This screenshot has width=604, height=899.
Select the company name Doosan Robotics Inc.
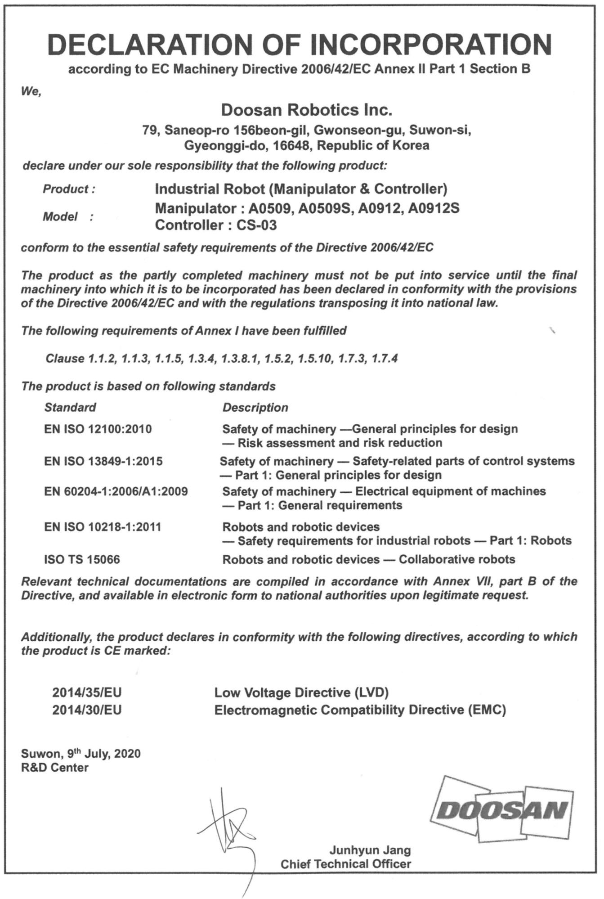pyautogui.click(x=306, y=109)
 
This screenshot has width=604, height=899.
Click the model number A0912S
pyautogui.click(x=434, y=208)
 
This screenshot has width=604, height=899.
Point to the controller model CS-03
pyautogui.click(x=256, y=225)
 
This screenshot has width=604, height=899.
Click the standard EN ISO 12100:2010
pyautogui.click(x=98, y=429)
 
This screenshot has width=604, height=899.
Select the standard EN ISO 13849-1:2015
pyautogui.click(x=103, y=461)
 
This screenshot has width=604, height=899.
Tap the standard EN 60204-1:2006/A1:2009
pyautogui.click(x=116, y=491)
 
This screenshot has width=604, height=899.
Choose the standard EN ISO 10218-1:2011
pyautogui.click(x=103, y=527)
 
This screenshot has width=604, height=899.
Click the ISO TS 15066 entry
pyautogui.click(x=82, y=560)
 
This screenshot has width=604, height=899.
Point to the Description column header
pyautogui.click(x=255, y=408)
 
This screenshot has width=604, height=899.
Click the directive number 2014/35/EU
pyautogui.click(x=87, y=692)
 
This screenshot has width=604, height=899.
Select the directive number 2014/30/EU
pyautogui.click(x=87, y=710)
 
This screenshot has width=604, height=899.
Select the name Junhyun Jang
pyautogui.click(x=370, y=850)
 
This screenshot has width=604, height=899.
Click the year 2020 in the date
pyautogui.click(x=127, y=754)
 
